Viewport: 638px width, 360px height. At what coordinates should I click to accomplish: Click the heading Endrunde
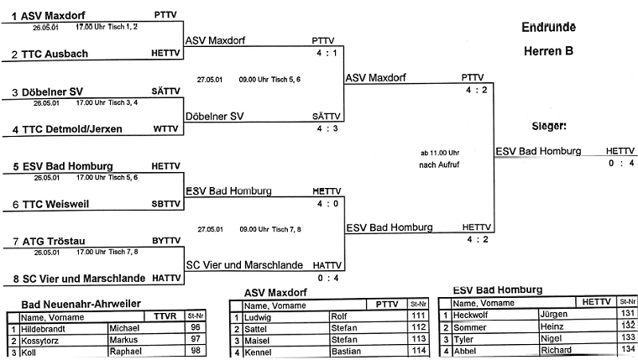click(548, 26)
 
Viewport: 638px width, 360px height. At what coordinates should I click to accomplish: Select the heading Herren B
click(548, 51)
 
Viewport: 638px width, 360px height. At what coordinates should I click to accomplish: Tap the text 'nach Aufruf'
click(441, 165)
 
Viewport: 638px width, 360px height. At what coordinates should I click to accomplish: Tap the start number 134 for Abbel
click(626, 349)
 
